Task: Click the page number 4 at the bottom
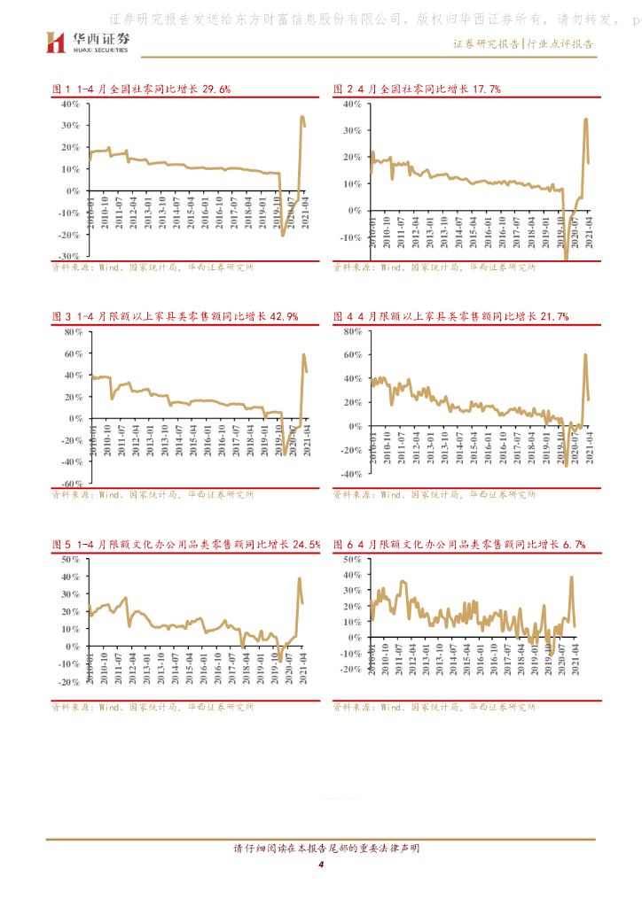pos(321,864)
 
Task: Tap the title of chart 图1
pos(142,89)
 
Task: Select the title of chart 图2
pos(417,89)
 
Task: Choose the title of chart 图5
pos(186,545)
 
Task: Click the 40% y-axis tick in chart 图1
pos(70,105)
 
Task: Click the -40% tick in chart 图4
pos(348,474)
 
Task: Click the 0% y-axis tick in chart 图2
pos(353,211)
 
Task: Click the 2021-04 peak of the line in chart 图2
pos(585,120)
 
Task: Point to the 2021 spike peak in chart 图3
pos(303,355)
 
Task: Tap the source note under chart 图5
pos(152,708)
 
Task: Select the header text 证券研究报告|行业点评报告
pos(523,43)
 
